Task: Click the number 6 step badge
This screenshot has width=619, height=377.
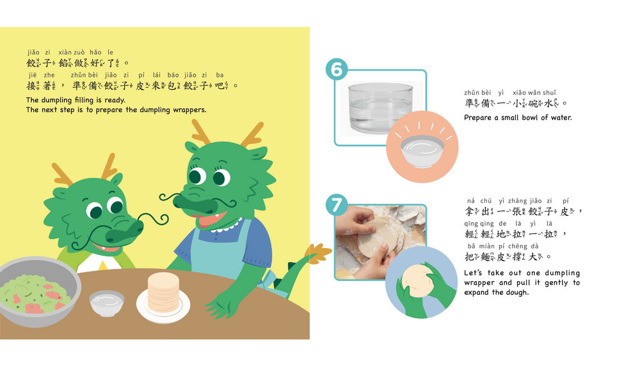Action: (337, 69)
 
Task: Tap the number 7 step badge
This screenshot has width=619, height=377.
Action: (337, 205)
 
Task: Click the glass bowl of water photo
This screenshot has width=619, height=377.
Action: (380, 108)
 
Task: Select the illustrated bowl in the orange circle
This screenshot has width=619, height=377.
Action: (422, 151)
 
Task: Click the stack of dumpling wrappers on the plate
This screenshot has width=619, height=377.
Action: (163, 292)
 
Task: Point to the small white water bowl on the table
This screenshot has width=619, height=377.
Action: (107, 303)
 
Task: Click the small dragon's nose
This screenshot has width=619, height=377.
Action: (125, 232)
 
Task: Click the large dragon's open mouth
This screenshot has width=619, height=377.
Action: (210, 219)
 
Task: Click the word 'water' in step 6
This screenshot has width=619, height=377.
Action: (561, 118)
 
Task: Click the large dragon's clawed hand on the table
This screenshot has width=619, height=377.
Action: (221, 304)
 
